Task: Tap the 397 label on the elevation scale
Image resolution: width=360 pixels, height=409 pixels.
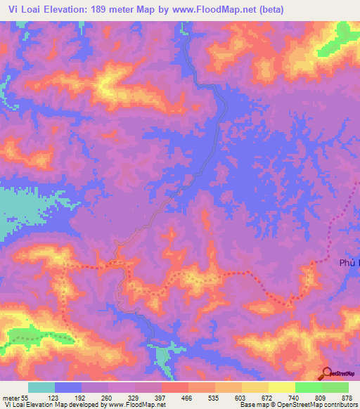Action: [159, 398]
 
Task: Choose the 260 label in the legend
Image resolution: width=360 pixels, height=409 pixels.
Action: [106, 398]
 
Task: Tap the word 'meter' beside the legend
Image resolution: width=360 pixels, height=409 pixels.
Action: [12, 398]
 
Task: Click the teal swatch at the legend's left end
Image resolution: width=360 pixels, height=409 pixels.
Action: [41, 387]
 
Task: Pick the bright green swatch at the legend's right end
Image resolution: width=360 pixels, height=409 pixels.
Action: [335, 387]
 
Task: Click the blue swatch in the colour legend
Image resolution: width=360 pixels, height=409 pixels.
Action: [68, 387]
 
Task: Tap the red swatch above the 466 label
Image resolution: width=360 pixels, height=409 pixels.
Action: [175, 387]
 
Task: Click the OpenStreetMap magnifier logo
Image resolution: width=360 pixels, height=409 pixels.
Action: [328, 373]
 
